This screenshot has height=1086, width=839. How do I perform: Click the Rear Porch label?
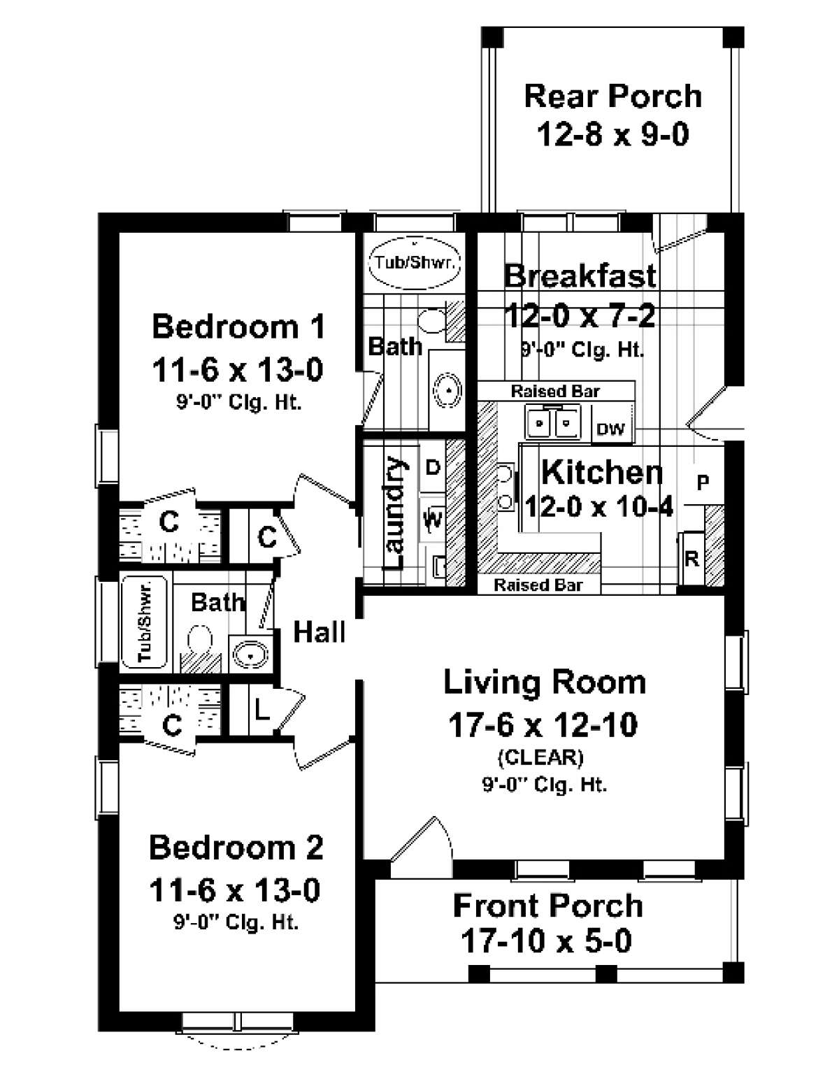pyautogui.click(x=612, y=96)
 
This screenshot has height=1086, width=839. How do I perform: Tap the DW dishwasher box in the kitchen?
pyautogui.click(x=611, y=429)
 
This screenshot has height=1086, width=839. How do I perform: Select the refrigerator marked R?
pyautogui.click(x=691, y=559)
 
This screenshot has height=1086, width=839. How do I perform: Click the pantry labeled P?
pyautogui.click(x=703, y=482)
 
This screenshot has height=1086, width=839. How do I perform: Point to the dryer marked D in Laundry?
pyautogui.click(x=433, y=467)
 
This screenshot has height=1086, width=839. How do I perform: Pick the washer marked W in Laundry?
pyautogui.click(x=433, y=520)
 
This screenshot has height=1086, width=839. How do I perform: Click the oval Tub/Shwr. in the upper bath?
pyautogui.click(x=415, y=263)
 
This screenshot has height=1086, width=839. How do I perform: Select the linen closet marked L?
pyautogui.click(x=261, y=711)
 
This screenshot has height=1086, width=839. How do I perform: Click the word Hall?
pyautogui.click(x=319, y=631)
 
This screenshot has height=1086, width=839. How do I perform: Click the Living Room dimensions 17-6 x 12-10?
pyautogui.click(x=543, y=725)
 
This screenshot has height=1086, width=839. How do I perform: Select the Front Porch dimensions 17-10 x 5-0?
pyautogui.click(x=546, y=941)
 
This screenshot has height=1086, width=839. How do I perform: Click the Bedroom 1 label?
pyautogui.click(x=238, y=327)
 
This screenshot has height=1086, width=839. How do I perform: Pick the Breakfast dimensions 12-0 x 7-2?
pyautogui.click(x=580, y=317)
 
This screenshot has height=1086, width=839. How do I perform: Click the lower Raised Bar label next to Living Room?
pyautogui.click(x=538, y=585)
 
